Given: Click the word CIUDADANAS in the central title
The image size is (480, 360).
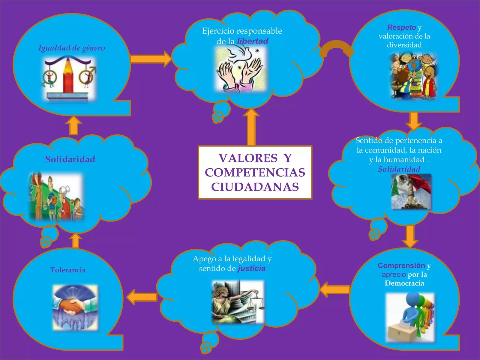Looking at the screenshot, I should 255,187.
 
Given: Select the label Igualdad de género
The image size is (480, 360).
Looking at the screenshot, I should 72,48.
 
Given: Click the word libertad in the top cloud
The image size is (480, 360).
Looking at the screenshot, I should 253,41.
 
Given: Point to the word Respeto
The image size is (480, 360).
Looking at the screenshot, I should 401,28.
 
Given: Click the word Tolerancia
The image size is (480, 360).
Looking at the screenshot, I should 68,270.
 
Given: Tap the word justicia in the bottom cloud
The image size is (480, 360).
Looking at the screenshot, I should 251,268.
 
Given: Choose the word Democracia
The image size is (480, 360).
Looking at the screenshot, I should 404,283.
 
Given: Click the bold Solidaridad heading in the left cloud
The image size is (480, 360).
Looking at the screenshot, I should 70,159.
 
